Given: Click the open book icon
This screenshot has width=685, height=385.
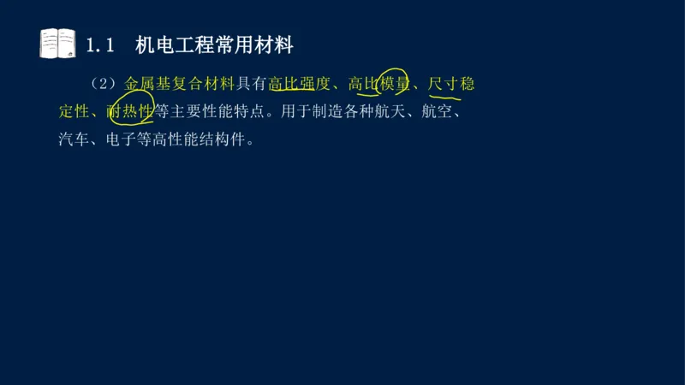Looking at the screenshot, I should point(57,44).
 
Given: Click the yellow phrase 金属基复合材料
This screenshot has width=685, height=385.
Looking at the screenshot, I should point(179,84).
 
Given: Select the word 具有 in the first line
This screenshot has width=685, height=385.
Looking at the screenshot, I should point(251,84).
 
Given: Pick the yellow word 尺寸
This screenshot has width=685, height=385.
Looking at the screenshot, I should point(445,84).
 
